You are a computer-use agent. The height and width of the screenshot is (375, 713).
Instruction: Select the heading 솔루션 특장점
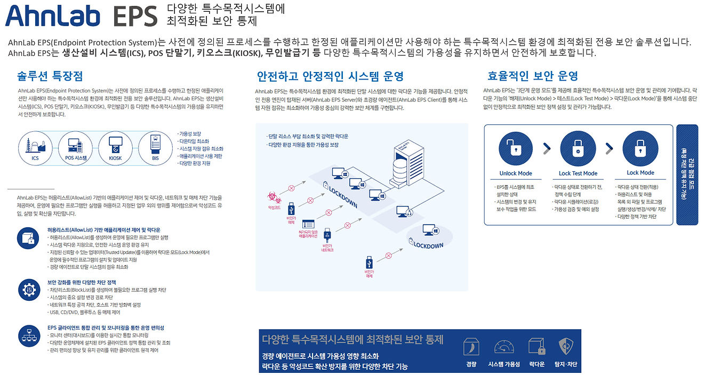point(50,76)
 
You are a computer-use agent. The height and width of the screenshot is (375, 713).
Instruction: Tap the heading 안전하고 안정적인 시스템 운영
point(330,76)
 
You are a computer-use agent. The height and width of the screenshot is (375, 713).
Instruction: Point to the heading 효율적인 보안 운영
point(533,76)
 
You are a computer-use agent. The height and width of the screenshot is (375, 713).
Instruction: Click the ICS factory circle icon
point(35,145)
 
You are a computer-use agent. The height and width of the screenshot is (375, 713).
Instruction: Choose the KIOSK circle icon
point(115,145)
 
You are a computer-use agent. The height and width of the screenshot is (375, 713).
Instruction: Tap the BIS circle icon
point(155,145)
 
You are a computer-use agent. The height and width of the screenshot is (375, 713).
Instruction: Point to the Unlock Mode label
point(516,173)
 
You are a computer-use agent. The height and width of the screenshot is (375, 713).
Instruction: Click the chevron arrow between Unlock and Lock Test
point(547,149)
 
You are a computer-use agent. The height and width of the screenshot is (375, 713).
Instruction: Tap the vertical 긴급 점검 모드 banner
point(687,175)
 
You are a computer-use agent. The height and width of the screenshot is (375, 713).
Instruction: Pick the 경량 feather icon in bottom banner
point(470,347)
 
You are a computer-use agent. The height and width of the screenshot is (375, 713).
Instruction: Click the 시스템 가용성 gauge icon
point(504,347)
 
